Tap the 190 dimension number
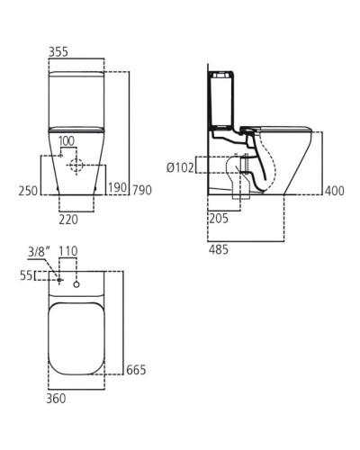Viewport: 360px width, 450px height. pyautogui.click(x=117, y=189)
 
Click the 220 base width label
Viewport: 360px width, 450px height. pyautogui.click(x=69, y=218)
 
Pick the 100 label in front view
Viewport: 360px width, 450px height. pyautogui.click(x=67, y=141)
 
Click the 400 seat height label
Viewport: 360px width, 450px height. pyautogui.click(x=336, y=190)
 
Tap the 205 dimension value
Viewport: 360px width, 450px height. pyautogui.click(x=216, y=219)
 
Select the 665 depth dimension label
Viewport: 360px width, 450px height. pyautogui.click(x=137, y=370)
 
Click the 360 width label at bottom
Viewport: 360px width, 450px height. pyautogui.click(x=56, y=397)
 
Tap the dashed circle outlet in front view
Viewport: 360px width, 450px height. pyautogui.click(x=78, y=166)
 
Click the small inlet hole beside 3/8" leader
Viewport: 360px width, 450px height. pyautogui.click(x=58, y=280)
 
